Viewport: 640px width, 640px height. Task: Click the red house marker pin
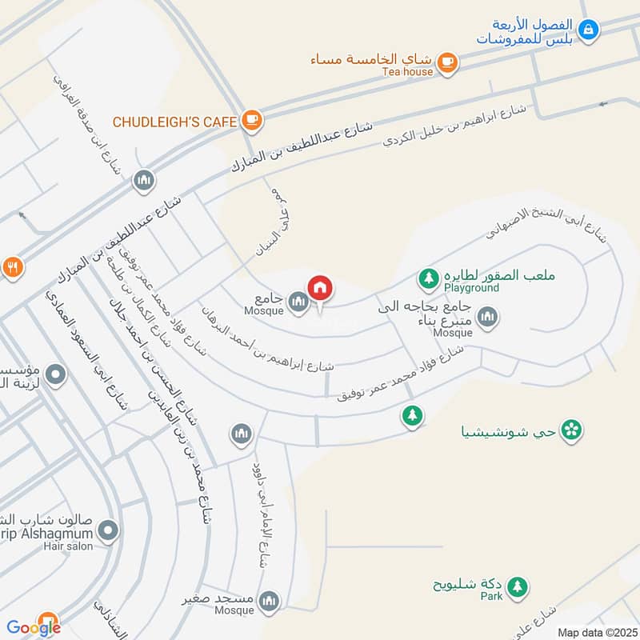pos(320,288)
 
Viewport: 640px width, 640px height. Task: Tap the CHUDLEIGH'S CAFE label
pos(174,122)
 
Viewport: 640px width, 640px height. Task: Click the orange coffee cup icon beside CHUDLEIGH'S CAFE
pos(251,121)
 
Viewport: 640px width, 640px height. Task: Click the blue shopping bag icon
pos(589,30)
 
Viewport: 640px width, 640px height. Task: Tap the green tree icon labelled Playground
pos(429,278)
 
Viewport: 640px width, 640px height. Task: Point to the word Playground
pos(471,288)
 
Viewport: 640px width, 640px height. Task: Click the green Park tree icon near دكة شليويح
pos(518,586)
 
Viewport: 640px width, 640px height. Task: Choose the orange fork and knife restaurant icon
pos(11,267)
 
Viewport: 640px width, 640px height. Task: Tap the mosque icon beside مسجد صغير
pos(270,600)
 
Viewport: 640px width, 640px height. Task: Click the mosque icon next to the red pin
pos(298,302)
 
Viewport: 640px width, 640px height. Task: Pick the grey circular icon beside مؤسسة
pos(55,374)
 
